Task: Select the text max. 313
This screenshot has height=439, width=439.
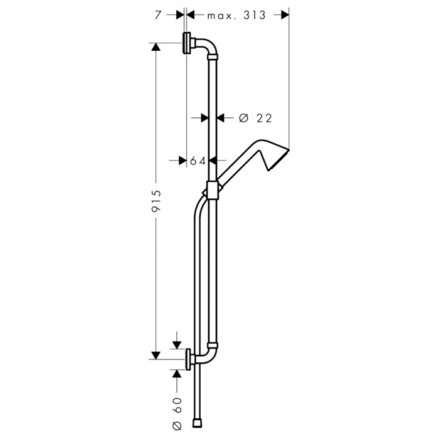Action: click(236, 16)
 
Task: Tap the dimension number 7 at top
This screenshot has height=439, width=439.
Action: click(158, 15)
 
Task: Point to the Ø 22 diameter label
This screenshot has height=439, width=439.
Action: click(255, 118)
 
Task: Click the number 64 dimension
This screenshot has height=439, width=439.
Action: click(198, 161)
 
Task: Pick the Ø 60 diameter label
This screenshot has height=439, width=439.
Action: click(177, 415)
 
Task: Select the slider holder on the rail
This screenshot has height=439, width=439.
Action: click(213, 190)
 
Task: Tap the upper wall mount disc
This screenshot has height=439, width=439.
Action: click(186, 43)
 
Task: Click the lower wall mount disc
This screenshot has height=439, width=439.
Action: click(188, 359)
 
